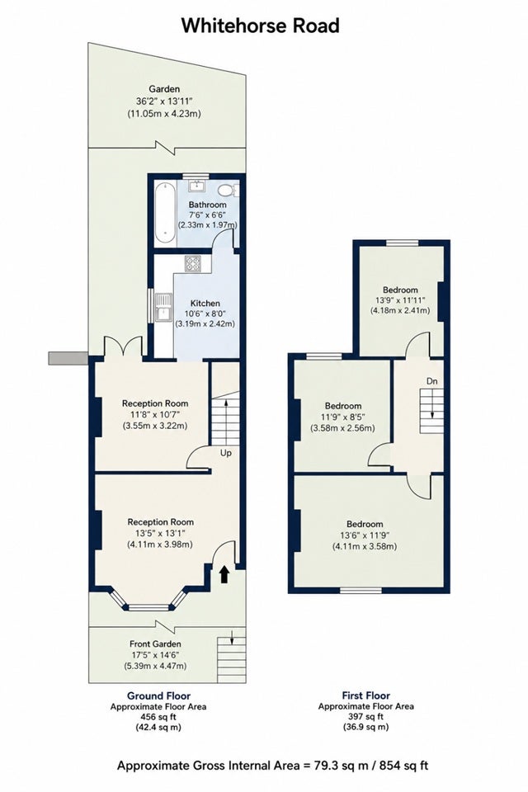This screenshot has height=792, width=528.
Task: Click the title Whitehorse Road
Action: pos(260,26)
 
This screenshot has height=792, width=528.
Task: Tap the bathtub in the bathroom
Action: pos(165,213)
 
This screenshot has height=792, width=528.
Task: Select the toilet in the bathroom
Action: pos(229,191)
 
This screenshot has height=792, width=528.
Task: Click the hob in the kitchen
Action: pos(192,264)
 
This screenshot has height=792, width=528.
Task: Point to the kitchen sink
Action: pos(163,307)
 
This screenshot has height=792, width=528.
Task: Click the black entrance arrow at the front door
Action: pos(224,574)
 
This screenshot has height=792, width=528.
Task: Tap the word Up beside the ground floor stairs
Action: pos(226,453)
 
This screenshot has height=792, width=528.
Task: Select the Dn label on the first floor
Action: pos(431,381)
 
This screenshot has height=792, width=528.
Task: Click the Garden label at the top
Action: pos(163,89)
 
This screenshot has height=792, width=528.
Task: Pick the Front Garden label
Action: pos(155,644)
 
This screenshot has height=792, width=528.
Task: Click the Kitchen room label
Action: pos(205,303)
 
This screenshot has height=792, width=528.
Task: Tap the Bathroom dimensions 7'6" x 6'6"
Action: pos(207,214)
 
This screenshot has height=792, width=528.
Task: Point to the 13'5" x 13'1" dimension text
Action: pos(160,534)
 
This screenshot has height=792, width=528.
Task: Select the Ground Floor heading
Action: pos(158,696)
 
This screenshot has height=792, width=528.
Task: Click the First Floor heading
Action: pos(365,695)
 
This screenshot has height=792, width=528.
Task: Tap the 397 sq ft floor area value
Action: pos(365,716)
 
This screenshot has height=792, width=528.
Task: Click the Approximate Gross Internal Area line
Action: pos(272,766)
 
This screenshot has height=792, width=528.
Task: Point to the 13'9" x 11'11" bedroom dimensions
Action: pos(400,300)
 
